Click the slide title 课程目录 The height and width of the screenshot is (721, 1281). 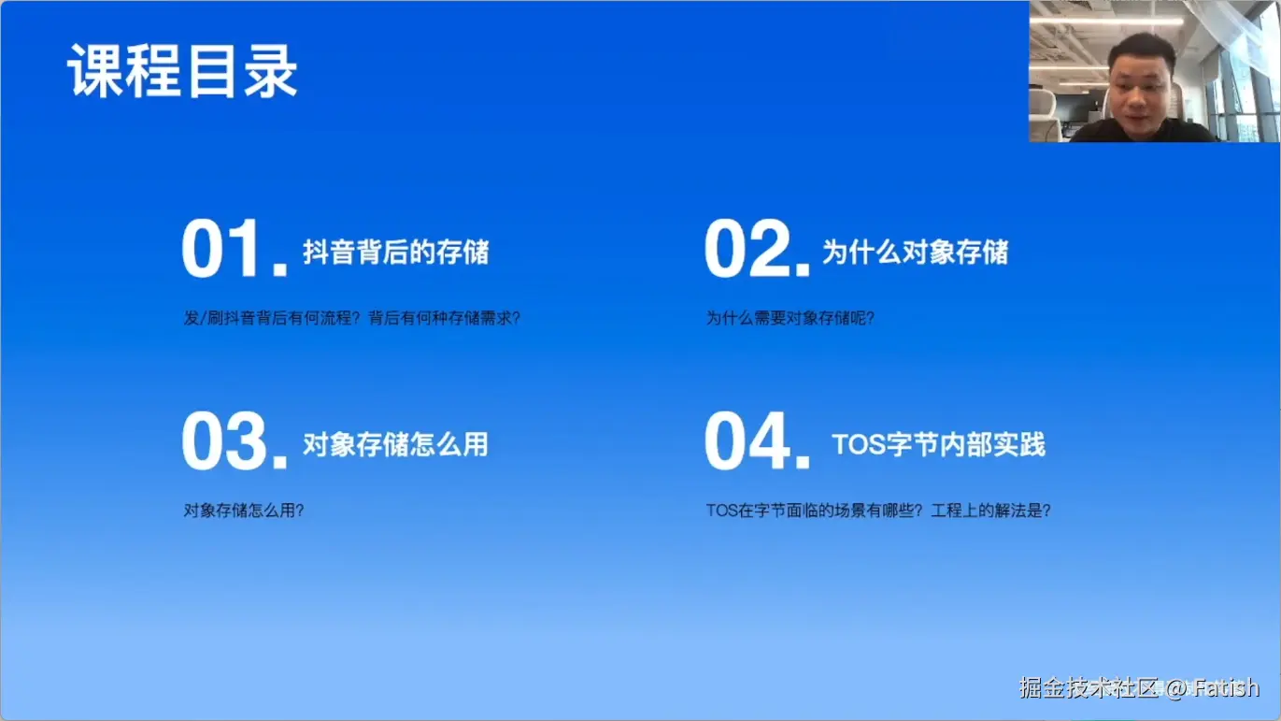(182, 71)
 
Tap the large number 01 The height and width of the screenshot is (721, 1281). (234, 249)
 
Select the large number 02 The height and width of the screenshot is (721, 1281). (757, 249)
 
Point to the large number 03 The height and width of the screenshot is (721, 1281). (234, 441)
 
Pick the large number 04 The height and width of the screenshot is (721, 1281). (757, 441)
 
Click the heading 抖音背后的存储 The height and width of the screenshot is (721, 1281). (396, 252)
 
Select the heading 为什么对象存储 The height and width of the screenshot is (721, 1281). (915, 252)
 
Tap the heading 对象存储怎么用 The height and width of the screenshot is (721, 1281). (396, 444)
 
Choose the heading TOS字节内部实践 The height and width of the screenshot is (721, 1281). (938, 444)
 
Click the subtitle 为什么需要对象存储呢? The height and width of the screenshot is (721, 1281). (790, 318)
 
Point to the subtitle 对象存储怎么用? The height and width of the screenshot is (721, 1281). (244, 511)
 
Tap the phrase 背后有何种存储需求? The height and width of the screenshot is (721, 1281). (445, 318)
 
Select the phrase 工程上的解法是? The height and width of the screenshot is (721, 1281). (991, 511)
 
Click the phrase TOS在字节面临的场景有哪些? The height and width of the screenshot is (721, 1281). (815, 511)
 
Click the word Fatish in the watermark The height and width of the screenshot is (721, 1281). (1226, 688)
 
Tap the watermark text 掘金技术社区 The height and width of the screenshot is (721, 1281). (1089, 688)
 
